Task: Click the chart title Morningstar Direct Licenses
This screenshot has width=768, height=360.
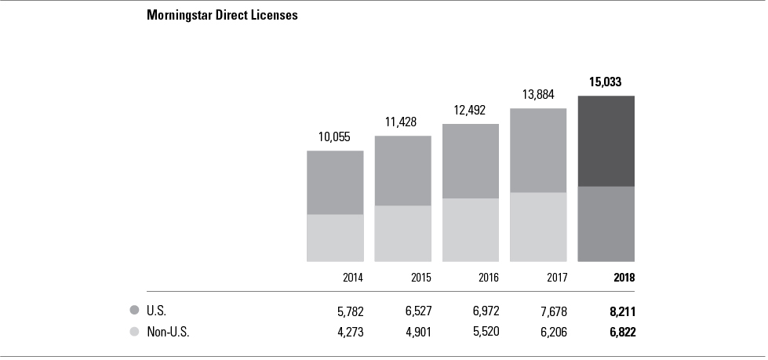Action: click(222, 15)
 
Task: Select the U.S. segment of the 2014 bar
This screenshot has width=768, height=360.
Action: click(335, 182)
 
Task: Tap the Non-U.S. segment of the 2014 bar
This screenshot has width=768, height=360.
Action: click(335, 238)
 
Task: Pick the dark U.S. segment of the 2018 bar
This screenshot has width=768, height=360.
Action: click(606, 141)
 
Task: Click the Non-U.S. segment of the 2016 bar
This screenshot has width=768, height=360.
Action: click(471, 230)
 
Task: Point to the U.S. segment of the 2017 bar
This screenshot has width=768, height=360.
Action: click(538, 150)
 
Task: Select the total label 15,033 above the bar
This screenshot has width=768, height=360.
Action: click(606, 82)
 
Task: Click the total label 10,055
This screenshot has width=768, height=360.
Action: click(335, 136)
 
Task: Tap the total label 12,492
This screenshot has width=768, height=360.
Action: click(471, 110)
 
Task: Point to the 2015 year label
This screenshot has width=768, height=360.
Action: click(420, 278)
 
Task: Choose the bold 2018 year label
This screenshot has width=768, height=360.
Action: click(624, 278)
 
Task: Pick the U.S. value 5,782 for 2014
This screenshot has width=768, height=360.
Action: click(349, 311)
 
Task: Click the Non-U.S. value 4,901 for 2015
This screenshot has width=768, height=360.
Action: click(417, 333)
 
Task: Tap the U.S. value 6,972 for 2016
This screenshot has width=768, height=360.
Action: click(484, 311)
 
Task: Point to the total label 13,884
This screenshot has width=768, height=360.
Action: click(538, 94)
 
